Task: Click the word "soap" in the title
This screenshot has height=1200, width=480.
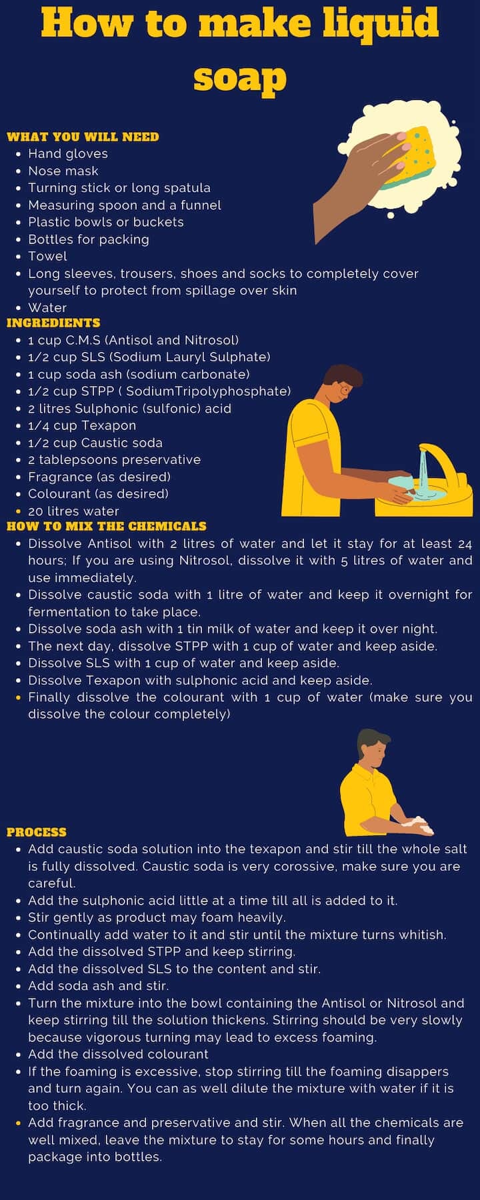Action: [240, 79]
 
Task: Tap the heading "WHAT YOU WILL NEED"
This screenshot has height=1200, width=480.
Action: [83, 137]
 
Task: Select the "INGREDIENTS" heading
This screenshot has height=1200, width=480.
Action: [53, 323]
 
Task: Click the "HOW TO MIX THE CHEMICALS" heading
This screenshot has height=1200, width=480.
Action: [107, 526]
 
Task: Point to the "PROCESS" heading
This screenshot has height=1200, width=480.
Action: [37, 832]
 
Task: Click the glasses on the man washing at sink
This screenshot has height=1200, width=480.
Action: [345, 388]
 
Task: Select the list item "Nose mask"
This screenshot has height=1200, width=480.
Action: [63, 171]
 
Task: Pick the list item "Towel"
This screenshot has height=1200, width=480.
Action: [47, 256]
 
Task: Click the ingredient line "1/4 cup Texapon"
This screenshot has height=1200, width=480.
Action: [82, 425]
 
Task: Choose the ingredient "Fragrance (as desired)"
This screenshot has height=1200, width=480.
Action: [99, 477]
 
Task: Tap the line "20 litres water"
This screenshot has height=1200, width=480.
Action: [73, 511]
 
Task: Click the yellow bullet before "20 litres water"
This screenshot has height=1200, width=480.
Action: [18, 511]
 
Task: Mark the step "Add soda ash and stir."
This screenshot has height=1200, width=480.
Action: [98, 985]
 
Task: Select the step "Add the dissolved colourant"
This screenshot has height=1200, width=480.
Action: [118, 1054]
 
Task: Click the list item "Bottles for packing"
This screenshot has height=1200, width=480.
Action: [89, 239]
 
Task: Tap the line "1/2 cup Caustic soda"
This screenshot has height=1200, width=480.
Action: [95, 443]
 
